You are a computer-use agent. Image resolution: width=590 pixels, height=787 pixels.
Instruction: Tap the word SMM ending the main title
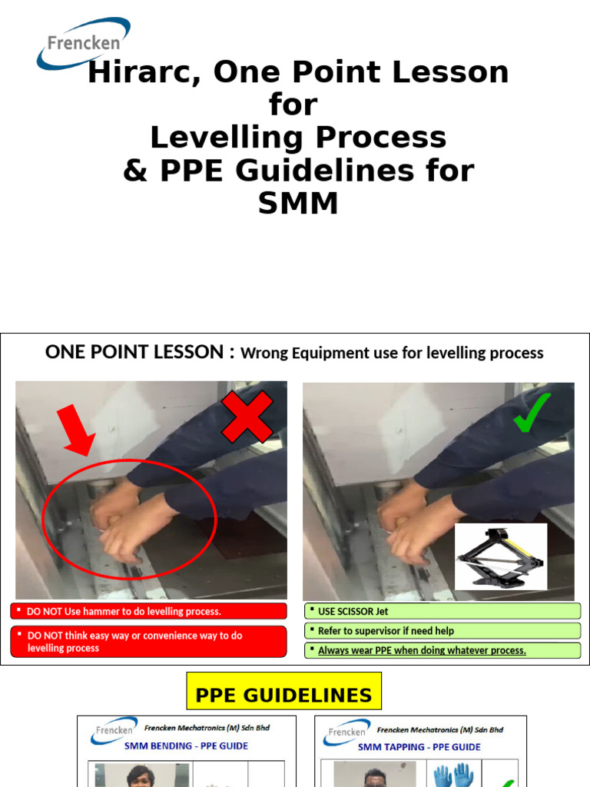click(297, 203)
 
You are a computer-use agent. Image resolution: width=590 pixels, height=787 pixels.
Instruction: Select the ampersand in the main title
click(135, 171)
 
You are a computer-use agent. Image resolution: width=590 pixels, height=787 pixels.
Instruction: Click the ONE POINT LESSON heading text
click(134, 352)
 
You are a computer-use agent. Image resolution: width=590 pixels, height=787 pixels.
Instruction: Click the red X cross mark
click(247, 417)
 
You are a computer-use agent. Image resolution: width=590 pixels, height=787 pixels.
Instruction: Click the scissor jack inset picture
click(500, 556)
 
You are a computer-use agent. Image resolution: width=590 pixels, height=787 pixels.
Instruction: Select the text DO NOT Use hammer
click(124, 612)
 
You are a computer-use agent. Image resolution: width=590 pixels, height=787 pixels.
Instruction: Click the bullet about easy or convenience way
click(134, 642)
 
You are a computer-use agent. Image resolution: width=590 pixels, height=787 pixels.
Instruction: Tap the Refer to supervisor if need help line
click(386, 631)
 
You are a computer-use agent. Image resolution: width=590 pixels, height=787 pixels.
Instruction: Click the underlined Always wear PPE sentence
click(422, 650)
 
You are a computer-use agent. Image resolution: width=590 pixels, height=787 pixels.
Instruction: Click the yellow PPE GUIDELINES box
click(283, 696)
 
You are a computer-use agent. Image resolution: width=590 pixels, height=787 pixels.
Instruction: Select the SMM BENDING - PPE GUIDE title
click(186, 745)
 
